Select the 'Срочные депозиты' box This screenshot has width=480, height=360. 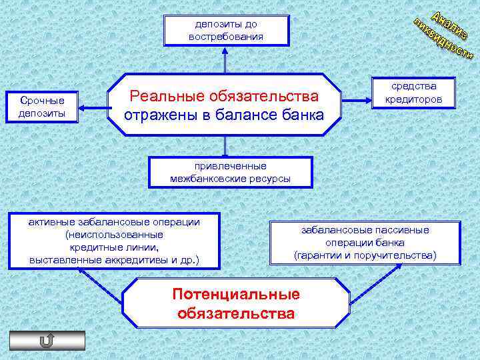(42, 107)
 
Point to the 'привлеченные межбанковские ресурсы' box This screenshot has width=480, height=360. (231, 172)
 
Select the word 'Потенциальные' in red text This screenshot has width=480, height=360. (236, 294)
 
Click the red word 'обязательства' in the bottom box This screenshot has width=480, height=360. (236, 313)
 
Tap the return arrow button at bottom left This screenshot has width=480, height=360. (47, 341)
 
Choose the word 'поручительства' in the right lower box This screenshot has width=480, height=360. (397, 255)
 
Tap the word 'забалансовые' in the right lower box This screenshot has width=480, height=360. (331, 230)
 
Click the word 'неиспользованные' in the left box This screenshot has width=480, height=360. (114, 235)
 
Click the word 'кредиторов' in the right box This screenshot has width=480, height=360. (414, 100)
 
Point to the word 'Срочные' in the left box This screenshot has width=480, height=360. (42, 101)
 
